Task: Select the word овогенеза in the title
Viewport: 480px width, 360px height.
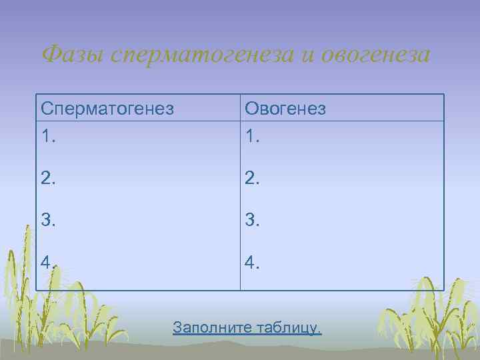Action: tap(376, 53)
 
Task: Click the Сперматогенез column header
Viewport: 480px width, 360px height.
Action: tap(107, 108)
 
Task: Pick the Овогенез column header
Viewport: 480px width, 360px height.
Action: tap(285, 108)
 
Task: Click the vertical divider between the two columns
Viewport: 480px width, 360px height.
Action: tap(240, 200)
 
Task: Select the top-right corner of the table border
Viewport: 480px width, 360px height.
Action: tap(444, 94)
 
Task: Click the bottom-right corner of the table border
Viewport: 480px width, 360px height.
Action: tap(444, 291)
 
